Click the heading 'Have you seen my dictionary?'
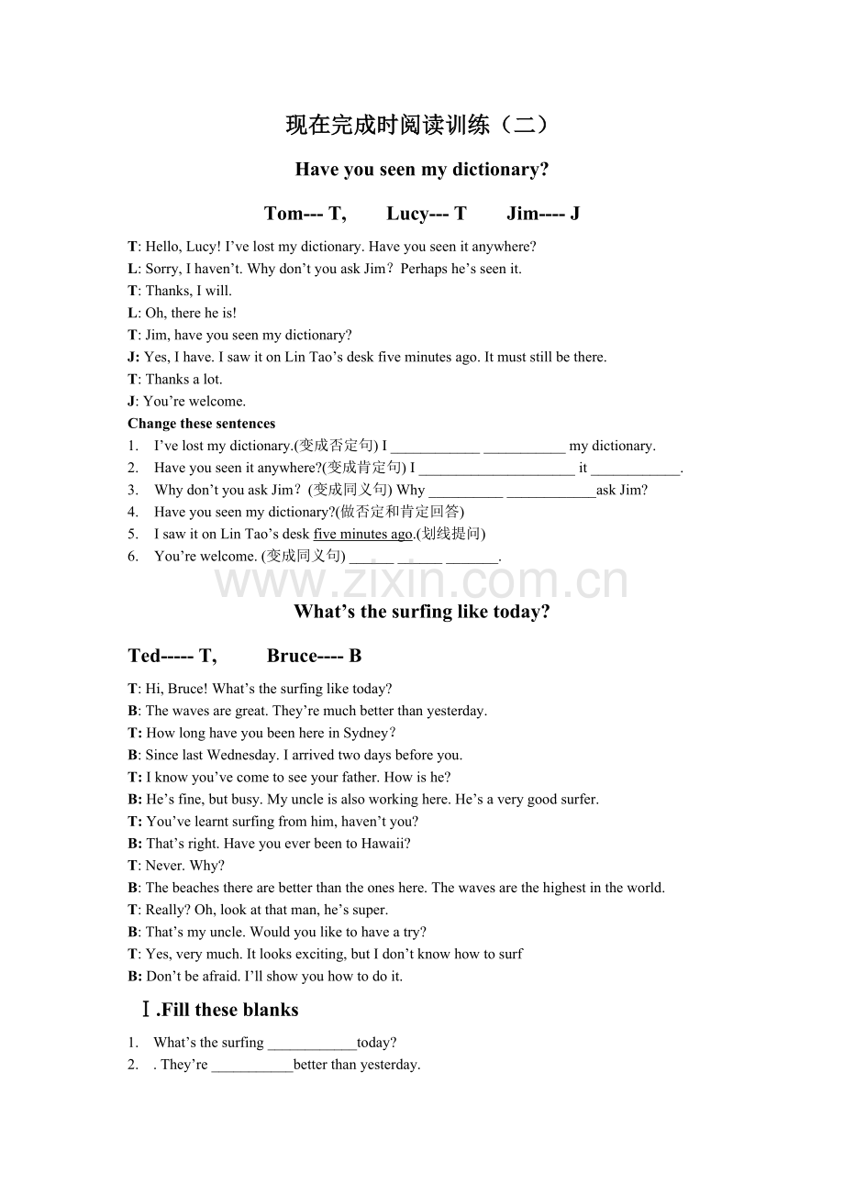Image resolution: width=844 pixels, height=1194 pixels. [x=421, y=170]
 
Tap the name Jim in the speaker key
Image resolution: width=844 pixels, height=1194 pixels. [x=523, y=214]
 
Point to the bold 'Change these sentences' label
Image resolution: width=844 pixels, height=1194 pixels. [x=202, y=424]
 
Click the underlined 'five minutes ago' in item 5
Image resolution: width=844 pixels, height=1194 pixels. [x=363, y=534]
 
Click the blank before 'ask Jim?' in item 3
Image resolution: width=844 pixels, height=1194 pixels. [x=550, y=492]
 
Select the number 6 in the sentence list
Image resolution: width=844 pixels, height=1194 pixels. [x=133, y=556]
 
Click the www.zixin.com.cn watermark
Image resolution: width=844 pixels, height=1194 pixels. [x=421, y=581]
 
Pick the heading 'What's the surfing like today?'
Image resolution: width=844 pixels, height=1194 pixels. [x=421, y=612]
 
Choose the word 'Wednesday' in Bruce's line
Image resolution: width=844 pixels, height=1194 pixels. [x=242, y=755]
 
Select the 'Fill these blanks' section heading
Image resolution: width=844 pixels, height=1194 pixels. [x=228, y=1010]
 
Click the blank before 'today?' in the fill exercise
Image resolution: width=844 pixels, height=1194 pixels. [x=312, y=1044]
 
